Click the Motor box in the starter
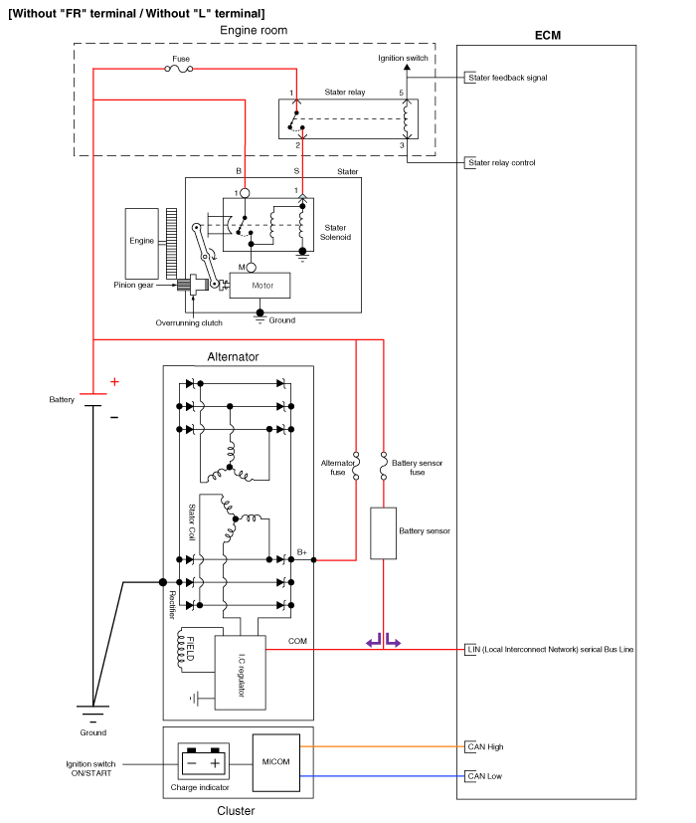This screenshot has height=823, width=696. point(260,285)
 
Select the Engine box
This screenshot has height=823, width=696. point(142,242)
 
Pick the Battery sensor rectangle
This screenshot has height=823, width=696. point(383,532)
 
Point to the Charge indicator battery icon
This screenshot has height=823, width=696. point(204,763)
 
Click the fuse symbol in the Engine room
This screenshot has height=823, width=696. point(180,68)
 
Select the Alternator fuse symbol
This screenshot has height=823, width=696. point(355,462)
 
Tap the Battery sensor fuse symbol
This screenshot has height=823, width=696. point(383,462)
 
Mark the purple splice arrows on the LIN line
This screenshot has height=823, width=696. point(383,642)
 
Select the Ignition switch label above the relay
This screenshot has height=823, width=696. point(403,59)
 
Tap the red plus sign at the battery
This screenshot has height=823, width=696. point(114,381)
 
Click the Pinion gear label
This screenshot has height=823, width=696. point(132,285)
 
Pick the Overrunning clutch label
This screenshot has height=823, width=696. point(189,322)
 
